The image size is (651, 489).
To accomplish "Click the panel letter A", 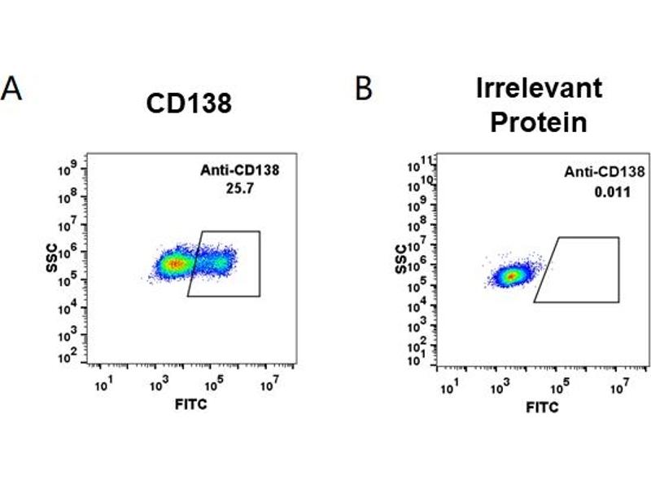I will (11, 88).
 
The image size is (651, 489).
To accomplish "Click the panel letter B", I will (363, 88).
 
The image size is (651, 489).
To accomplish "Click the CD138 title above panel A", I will (189, 104).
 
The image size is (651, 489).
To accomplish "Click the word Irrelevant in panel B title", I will (539, 88).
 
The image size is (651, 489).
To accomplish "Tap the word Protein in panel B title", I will (539, 123).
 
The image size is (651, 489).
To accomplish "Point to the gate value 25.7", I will (234, 187).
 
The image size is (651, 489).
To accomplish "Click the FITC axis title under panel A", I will (190, 403).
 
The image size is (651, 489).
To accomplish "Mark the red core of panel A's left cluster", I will (173, 264).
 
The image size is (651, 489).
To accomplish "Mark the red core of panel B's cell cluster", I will (511, 276).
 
